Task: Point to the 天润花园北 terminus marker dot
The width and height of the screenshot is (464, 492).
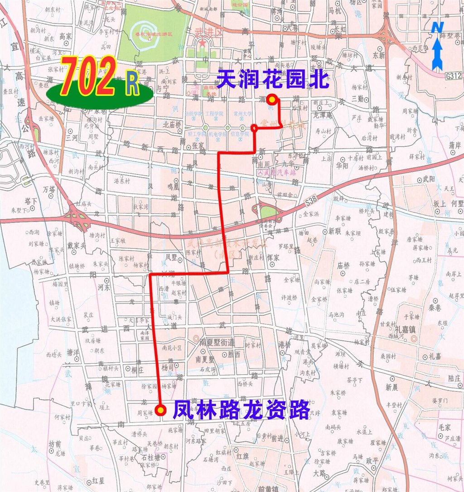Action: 271,100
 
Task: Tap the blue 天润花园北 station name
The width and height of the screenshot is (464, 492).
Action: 272,80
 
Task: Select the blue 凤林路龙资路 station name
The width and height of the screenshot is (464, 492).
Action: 241,411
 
